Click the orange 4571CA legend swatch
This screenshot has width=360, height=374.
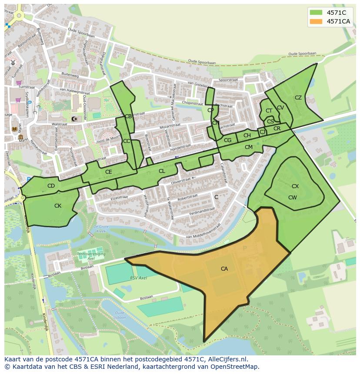click(x=316, y=21)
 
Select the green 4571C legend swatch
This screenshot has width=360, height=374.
click(x=316, y=13)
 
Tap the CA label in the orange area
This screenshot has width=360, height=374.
click(x=224, y=269)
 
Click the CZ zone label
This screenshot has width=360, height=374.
click(x=298, y=98)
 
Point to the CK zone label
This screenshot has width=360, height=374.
click(x=58, y=206)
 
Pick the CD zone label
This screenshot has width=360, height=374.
click(x=51, y=186)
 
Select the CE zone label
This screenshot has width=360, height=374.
click(x=109, y=172)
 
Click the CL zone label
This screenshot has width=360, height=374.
click(x=162, y=171)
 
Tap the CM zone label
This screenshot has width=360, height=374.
click(x=249, y=147)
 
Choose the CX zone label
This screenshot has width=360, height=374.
click(x=295, y=186)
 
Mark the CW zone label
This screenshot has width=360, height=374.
click(x=293, y=198)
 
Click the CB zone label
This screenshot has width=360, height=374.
click(x=128, y=116)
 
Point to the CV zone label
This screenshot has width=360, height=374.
click(x=280, y=108)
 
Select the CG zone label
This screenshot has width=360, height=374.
click(x=228, y=140)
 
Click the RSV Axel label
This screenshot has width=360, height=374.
click(x=139, y=278)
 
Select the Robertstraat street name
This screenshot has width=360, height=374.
click(x=189, y=198)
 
